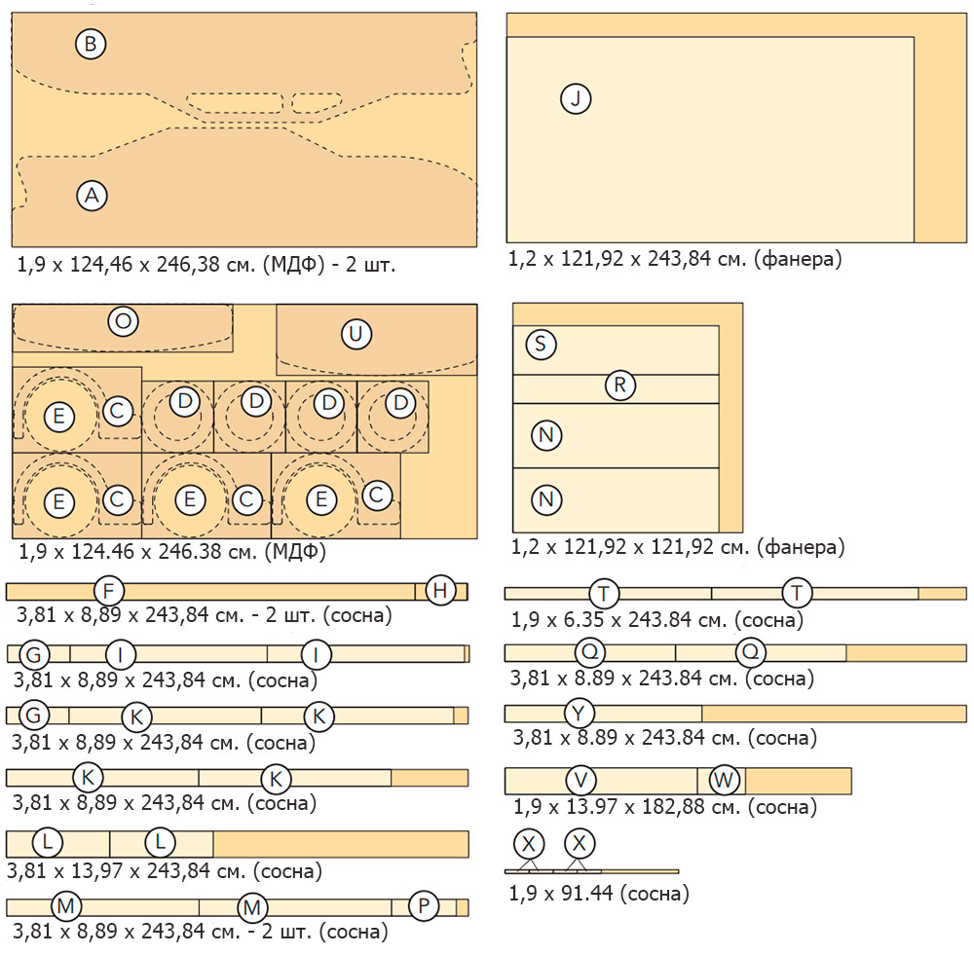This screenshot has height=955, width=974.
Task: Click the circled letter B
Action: click(x=91, y=44)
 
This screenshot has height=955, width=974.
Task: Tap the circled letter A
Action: click(x=92, y=196)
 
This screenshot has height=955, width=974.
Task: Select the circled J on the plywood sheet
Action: click(x=576, y=98)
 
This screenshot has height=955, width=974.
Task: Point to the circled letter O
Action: click(x=123, y=322)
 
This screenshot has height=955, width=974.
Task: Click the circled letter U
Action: click(x=356, y=335)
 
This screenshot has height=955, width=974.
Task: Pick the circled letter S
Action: click(x=541, y=344)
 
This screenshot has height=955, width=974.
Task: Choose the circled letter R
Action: click(x=619, y=385)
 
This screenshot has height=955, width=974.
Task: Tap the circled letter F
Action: click(x=109, y=591)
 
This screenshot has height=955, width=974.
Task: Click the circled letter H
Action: click(x=441, y=590)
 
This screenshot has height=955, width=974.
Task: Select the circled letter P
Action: click(x=424, y=906)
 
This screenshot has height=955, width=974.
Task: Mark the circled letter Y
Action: click(x=580, y=714)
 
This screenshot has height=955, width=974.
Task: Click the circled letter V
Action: click(x=581, y=780)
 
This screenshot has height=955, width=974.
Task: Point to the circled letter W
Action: click(x=724, y=780)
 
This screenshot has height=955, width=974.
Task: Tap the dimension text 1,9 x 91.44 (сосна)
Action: click(x=599, y=894)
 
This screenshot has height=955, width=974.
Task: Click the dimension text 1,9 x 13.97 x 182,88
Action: click(x=664, y=807)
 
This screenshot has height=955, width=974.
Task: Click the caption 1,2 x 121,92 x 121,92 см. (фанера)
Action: click(x=678, y=547)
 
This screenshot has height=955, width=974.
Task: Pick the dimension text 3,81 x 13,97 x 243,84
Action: click(x=164, y=870)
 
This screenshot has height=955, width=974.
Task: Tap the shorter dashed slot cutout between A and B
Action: click(x=317, y=102)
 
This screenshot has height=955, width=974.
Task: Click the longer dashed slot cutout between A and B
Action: click(x=235, y=102)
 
